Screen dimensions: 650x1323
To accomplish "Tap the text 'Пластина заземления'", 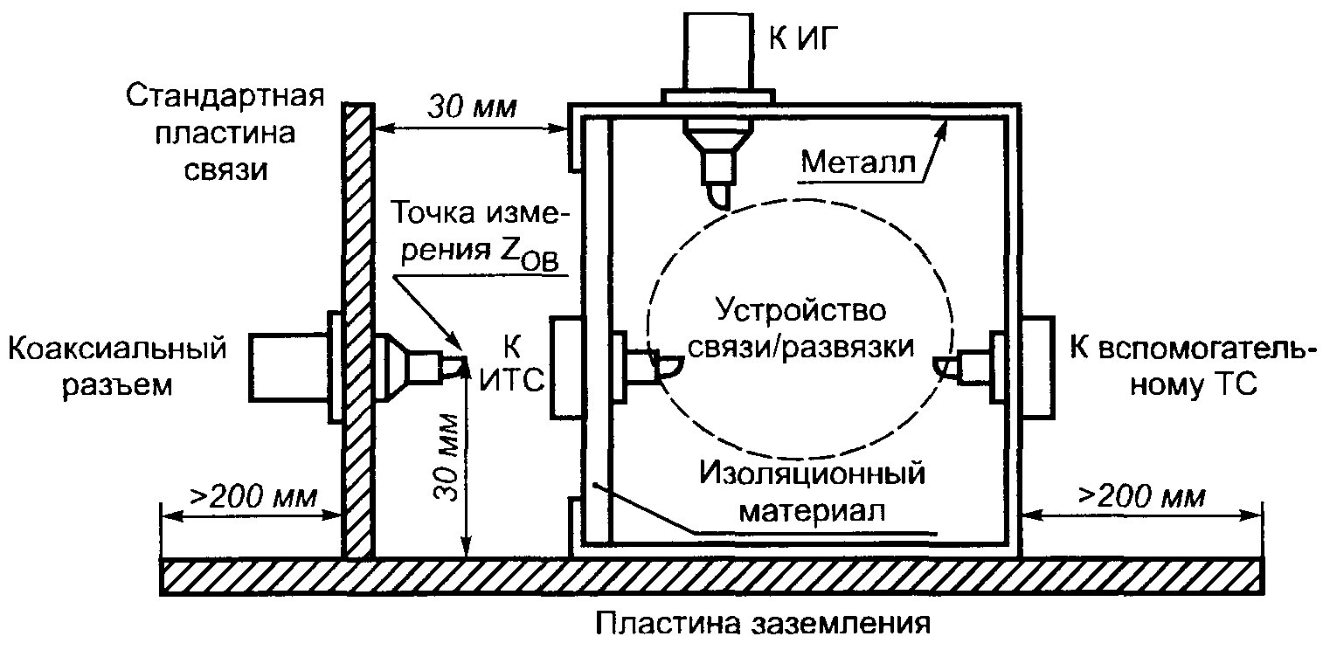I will click(760, 626).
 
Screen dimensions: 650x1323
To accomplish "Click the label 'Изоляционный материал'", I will click(812, 493).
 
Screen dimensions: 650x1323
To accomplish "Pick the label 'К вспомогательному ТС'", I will click(1192, 366).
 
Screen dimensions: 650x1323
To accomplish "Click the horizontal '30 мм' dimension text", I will click(472, 109).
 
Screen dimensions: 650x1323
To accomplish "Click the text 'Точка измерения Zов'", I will click(479, 231).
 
